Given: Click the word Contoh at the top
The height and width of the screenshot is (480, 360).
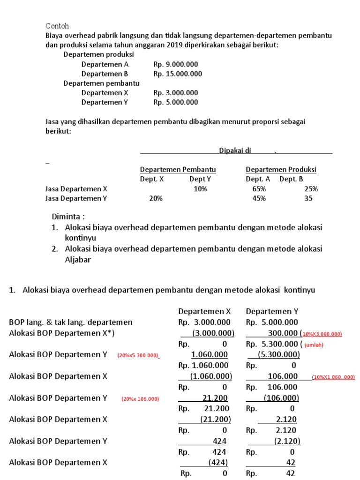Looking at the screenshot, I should coord(57,26).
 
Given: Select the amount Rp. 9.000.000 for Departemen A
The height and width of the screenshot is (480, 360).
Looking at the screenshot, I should coord(175,64).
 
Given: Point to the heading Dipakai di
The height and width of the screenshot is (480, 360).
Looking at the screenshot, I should coord(235,150).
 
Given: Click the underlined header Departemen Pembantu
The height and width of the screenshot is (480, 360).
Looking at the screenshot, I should coord(178,169).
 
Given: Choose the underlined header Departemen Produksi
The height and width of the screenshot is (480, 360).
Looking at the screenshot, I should coord(281,169).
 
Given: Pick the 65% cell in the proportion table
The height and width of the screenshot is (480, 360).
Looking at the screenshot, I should coord(259,189).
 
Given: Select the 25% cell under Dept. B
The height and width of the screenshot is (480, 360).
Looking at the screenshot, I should coord(311,189).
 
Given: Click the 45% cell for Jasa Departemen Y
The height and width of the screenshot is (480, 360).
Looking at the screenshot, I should coord(259,198).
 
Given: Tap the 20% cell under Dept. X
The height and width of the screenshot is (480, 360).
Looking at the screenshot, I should coord(156,198).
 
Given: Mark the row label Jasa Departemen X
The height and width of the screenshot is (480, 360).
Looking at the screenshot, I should coord(76,189).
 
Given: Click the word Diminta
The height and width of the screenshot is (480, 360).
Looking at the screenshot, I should coord(68,217).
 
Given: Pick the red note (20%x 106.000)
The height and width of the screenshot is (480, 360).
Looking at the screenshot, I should coord(140,399).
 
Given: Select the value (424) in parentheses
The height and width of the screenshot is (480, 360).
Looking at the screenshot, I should coord(218,462).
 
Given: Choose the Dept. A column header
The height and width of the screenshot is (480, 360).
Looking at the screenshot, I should coord(258,179).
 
